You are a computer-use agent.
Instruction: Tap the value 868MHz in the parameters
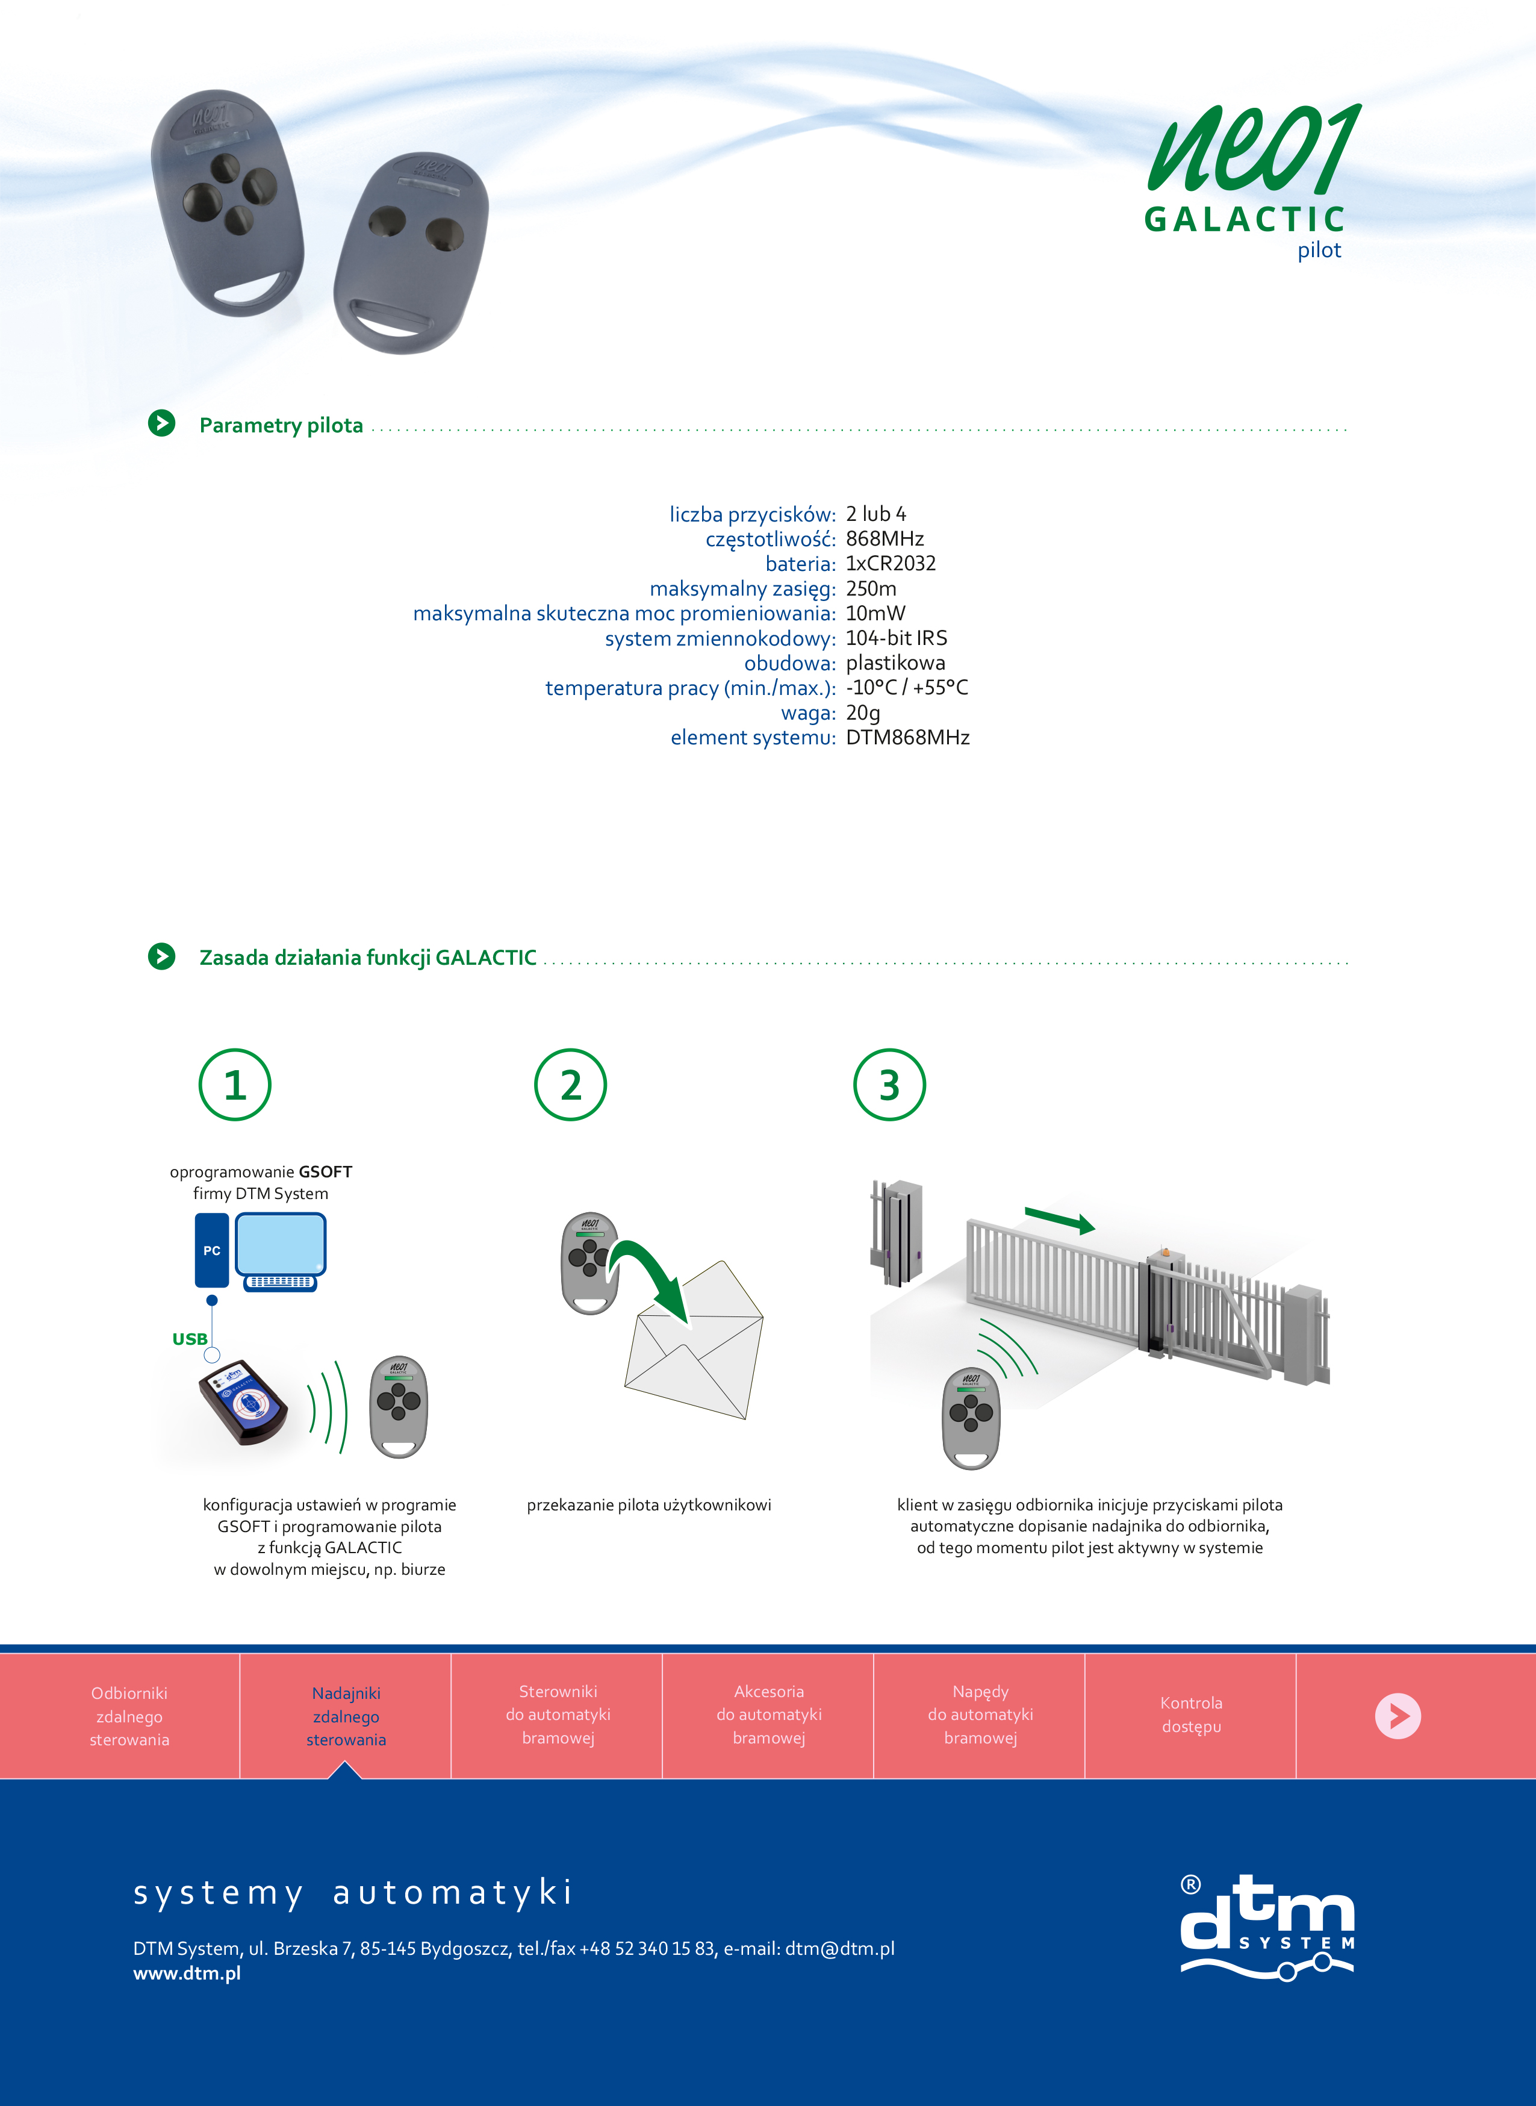pyautogui.click(x=885, y=539)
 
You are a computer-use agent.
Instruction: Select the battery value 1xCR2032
pyautogui.click(x=891, y=564)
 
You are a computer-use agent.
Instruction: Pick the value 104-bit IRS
pyautogui.click(x=897, y=638)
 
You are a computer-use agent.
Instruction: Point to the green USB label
pyautogui.click(x=190, y=1339)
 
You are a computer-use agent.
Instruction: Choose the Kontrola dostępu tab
pyautogui.click(x=1191, y=1715)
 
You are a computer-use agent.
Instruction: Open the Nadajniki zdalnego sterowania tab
pyautogui.click(x=346, y=1716)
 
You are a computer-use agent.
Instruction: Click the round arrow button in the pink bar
pyautogui.click(x=1398, y=1716)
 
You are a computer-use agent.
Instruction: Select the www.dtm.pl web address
pyautogui.click(x=187, y=1973)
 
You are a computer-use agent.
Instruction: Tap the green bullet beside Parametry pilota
pyautogui.click(x=162, y=423)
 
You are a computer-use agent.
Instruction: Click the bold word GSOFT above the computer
pyautogui.click(x=325, y=1171)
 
